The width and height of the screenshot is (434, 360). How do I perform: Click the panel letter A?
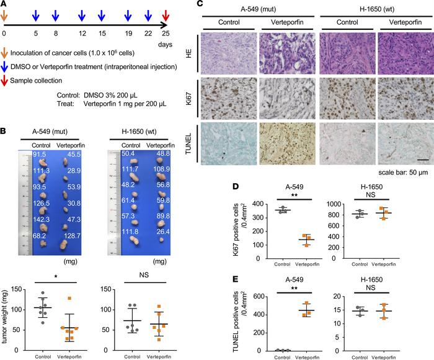click(x=5, y=4)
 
